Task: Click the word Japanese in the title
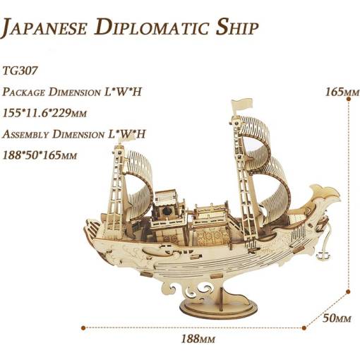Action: (x=44, y=28)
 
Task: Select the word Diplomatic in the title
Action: (x=152, y=28)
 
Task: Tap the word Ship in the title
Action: (x=237, y=28)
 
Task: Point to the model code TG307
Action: (x=20, y=71)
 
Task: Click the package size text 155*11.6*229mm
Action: (x=44, y=113)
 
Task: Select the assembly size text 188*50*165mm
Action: (x=40, y=155)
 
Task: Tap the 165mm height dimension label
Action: (x=342, y=92)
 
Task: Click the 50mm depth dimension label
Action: (x=337, y=318)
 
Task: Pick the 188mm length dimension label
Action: (x=198, y=339)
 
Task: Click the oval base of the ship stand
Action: (x=218, y=307)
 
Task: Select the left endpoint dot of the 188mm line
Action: (x=83, y=328)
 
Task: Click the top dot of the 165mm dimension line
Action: (x=349, y=100)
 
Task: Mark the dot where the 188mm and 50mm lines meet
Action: (x=304, y=328)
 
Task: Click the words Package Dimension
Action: (x=51, y=92)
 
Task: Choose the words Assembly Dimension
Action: (x=53, y=134)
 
